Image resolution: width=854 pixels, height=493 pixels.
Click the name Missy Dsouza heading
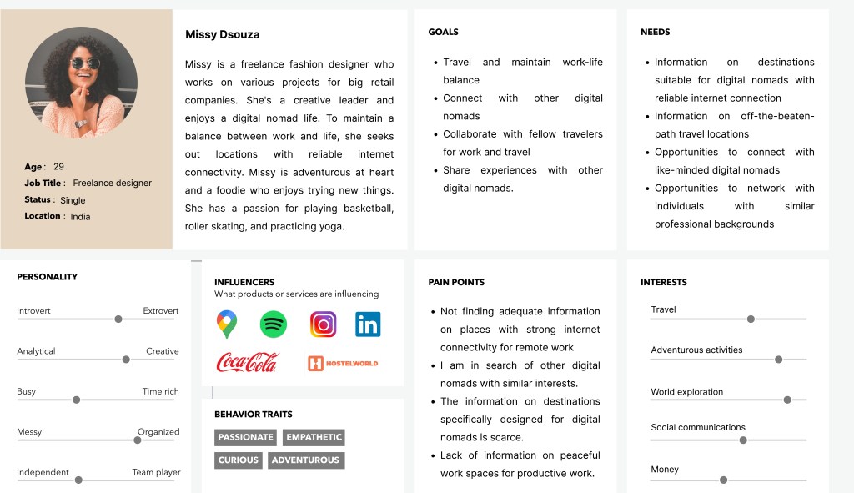[x=222, y=34]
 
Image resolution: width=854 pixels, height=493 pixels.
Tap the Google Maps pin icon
[x=226, y=324]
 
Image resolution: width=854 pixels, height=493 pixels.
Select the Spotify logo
[x=274, y=324]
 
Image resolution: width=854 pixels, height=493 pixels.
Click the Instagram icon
[x=323, y=324]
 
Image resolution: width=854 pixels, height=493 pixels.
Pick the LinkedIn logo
[x=368, y=324]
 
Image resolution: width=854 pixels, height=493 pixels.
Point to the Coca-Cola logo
[x=248, y=362]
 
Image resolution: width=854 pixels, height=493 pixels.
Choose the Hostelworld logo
[x=343, y=363]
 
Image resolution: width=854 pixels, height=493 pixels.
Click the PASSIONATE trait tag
[x=246, y=437]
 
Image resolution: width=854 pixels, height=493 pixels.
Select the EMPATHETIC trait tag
[x=314, y=437]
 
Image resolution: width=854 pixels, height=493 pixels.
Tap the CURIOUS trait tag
[x=238, y=460]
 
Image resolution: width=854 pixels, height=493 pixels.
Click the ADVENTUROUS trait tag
[x=305, y=460]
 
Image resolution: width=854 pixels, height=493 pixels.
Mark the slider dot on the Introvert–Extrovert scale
[x=118, y=319]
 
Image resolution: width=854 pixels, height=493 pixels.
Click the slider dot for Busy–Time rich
[x=77, y=400]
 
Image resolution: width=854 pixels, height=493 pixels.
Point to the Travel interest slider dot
[x=751, y=319]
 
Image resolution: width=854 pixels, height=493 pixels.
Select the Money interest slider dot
[x=723, y=480]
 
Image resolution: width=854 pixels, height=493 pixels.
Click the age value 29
[x=58, y=167]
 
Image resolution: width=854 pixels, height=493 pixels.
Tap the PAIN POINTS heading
[x=456, y=282]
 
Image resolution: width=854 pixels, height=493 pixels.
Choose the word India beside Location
[x=80, y=217]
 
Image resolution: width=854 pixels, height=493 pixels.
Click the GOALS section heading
[x=443, y=32]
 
